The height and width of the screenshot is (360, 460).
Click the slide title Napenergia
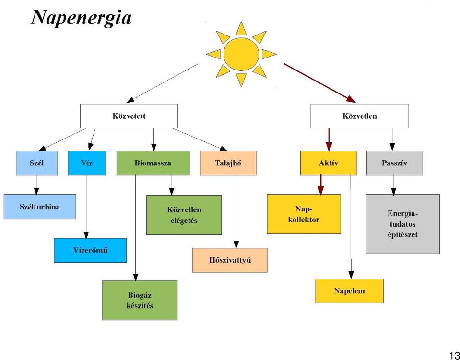pyautogui.click(x=81, y=18)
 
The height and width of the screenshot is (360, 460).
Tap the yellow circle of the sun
pyautogui.click(x=241, y=54)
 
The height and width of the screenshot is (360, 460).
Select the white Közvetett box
pyautogui.click(x=129, y=116)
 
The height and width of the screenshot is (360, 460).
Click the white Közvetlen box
pyautogui.click(x=360, y=116)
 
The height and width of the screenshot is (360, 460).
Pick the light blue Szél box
pyautogui.click(x=37, y=163)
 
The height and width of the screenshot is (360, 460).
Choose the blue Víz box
pyautogui.click(x=87, y=163)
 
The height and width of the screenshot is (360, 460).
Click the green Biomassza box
pyautogui.click(x=153, y=163)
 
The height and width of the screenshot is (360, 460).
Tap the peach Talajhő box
pyautogui.click(x=228, y=163)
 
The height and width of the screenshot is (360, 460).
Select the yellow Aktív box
pyautogui.click(x=329, y=163)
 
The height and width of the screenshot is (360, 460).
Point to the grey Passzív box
pyautogui.click(x=395, y=163)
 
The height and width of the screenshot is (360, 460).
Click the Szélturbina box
pyautogui.click(x=40, y=207)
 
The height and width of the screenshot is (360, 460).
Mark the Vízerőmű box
pyautogui.click(x=90, y=250)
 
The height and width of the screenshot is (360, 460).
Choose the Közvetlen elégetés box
pyautogui.click(x=184, y=215)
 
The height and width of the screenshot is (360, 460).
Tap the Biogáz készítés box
pyautogui.click(x=140, y=301)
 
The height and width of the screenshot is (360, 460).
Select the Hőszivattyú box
pyautogui.click(x=230, y=260)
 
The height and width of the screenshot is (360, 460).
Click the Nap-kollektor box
pyautogui.click(x=304, y=214)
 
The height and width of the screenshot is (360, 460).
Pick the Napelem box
pyautogui.click(x=349, y=291)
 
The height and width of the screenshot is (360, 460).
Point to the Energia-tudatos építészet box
pyautogui.click(x=402, y=224)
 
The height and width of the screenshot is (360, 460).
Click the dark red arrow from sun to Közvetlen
pyautogui.click(x=320, y=83)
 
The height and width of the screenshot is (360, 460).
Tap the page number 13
pyautogui.click(x=454, y=354)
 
